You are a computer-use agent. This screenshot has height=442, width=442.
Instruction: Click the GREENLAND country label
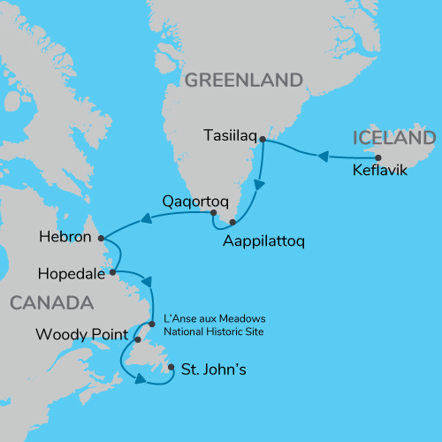[x=244, y=81]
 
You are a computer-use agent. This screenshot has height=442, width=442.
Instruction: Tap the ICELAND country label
[x=393, y=138]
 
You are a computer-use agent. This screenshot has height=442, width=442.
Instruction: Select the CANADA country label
[x=51, y=303]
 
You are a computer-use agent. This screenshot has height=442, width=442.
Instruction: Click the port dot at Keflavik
[x=378, y=156]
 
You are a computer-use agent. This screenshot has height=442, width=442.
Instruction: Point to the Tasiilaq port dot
[x=262, y=141]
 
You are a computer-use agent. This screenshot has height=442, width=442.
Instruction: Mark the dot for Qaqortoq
[x=213, y=213]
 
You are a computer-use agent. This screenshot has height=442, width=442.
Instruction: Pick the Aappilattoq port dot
[x=232, y=223]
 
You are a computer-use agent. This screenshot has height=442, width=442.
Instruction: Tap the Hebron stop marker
[x=101, y=238]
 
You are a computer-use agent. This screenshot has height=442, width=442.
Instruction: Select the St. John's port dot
[x=171, y=368]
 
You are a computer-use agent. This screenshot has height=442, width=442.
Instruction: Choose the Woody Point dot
[x=138, y=338]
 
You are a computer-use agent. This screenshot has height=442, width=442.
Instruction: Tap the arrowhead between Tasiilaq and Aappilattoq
[x=258, y=187]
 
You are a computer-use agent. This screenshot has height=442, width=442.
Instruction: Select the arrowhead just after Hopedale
[x=149, y=283]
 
